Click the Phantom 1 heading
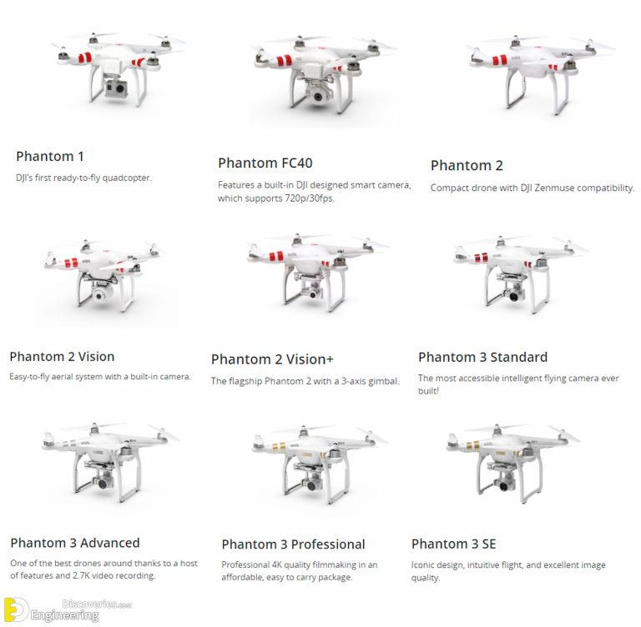tap(50, 156)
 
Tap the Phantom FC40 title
tap(265, 163)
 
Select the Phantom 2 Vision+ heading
tap(272, 359)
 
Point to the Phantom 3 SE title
tap(454, 544)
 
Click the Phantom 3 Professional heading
tap(293, 544)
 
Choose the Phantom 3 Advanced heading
tap(75, 543)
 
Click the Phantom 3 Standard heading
tap(482, 357)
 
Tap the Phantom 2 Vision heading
tap(62, 356)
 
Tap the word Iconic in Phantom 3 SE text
tap(425, 564)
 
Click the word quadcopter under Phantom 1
tap(126, 178)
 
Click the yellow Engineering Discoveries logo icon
tap(16, 609)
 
